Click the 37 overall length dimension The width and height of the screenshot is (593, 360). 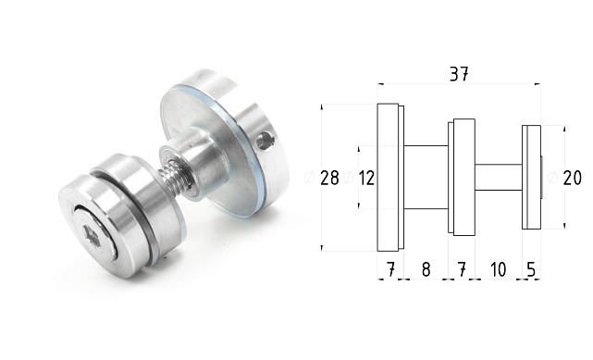tap(459, 75)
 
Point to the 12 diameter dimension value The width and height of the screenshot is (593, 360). tap(366, 178)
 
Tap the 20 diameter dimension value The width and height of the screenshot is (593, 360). tap(572, 178)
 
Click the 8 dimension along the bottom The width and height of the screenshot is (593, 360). tap(426, 269)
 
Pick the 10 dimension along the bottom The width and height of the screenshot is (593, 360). tap(498, 269)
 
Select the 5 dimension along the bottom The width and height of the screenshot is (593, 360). tap(531, 269)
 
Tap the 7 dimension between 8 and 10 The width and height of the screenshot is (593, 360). tap(461, 269)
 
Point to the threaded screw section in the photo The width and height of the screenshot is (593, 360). tap(177, 177)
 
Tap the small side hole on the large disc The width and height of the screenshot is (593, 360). tap(266, 142)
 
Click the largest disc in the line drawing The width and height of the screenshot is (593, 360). tap(388, 177)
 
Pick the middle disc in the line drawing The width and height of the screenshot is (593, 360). tap(463, 177)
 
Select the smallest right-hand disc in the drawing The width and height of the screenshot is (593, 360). tap(530, 177)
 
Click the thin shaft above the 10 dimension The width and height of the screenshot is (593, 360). tap(498, 177)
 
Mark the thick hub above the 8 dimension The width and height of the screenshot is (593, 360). tap(426, 177)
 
